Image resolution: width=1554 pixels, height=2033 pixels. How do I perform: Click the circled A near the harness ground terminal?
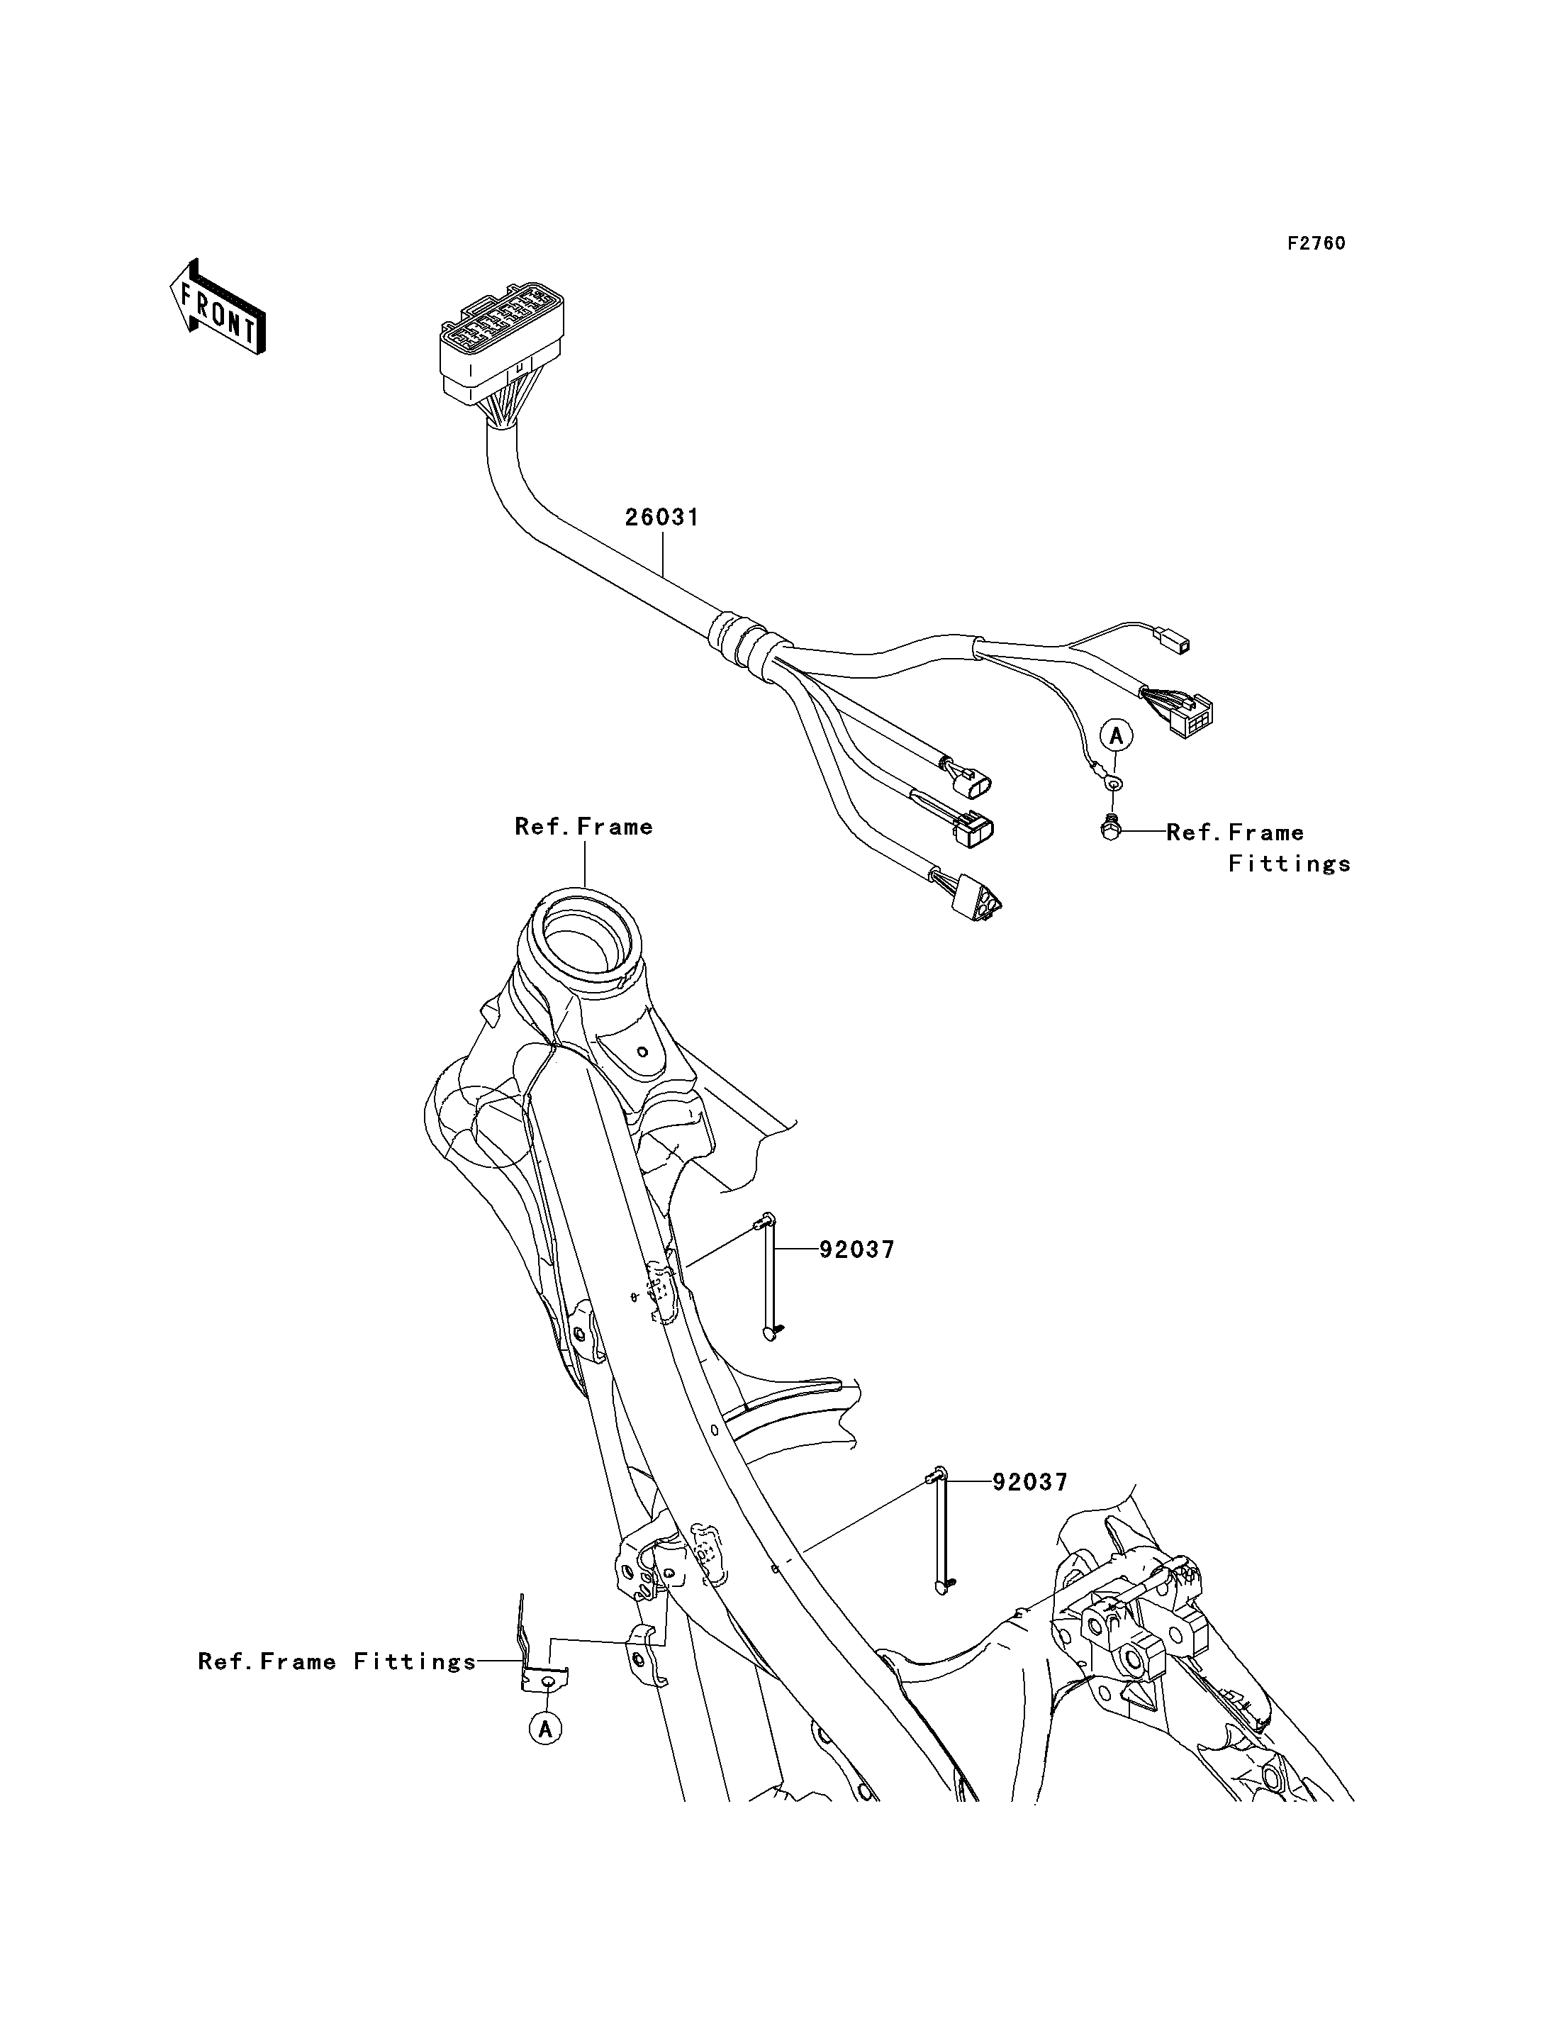tap(1117, 737)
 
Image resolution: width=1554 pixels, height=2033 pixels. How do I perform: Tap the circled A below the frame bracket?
tap(546, 1727)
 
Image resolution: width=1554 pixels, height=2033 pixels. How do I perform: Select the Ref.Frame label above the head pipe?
tap(583, 826)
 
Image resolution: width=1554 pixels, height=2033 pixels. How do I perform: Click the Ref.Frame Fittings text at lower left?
tap(337, 1662)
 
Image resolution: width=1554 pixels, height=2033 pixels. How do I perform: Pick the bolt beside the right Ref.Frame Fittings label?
tap(1110, 828)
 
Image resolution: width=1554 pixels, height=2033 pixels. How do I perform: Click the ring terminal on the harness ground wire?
tap(1113, 784)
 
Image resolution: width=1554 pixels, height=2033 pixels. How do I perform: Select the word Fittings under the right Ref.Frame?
tap(1290, 864)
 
